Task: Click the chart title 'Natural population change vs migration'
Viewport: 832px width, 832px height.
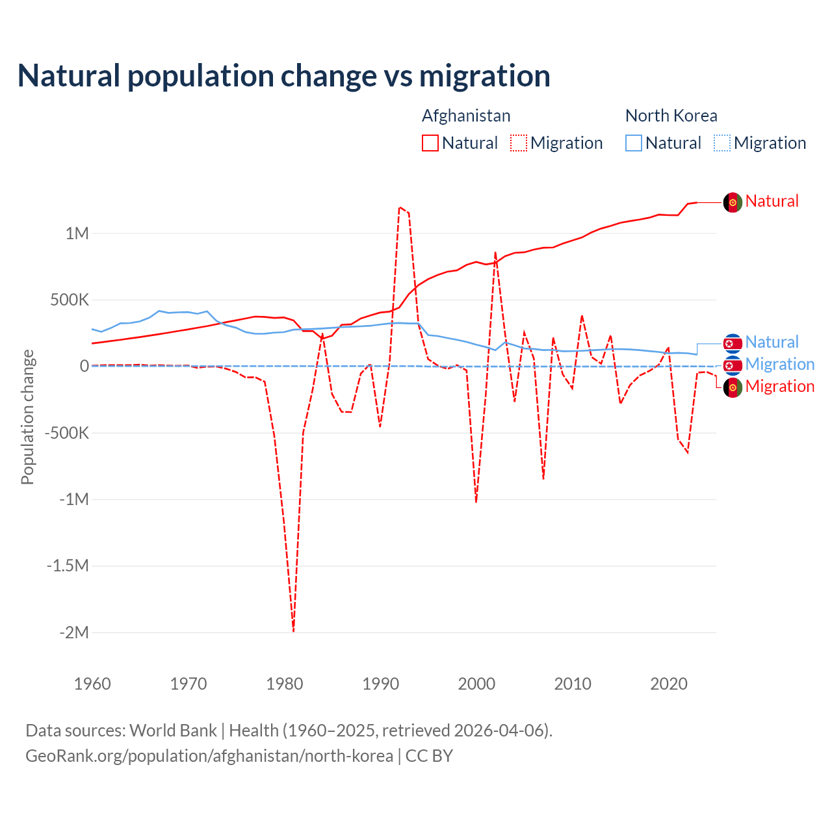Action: pos(283,76)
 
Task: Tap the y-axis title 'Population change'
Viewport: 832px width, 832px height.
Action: pos(27,417)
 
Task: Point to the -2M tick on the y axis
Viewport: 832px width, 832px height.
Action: pos(73,632)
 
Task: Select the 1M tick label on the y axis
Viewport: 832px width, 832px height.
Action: pos(77,233)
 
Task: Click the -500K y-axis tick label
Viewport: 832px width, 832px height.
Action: pos(66,433)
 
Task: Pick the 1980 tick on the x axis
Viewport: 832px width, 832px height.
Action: pos(284,684)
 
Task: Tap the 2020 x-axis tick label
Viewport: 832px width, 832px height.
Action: pos(669,684)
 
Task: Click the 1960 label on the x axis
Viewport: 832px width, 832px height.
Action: pos(92,684)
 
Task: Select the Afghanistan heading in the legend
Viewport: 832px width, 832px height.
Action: pos(466,116)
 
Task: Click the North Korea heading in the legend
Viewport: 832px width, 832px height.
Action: pos(671,116)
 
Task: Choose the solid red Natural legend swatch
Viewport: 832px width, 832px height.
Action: pos(430,143)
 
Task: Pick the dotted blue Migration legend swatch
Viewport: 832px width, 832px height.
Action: pos(722,143)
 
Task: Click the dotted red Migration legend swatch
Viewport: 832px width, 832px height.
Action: pos(519,143)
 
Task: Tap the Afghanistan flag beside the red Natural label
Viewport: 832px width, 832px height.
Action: pos(733,202)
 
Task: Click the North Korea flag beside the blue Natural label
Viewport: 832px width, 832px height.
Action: pos(733,343)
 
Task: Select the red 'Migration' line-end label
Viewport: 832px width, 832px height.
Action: pos(779,387)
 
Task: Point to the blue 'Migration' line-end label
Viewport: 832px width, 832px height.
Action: pos(779,365)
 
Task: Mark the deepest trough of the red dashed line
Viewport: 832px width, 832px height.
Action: pos(293,630)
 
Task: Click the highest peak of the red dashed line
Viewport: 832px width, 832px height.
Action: pos(400,207)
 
